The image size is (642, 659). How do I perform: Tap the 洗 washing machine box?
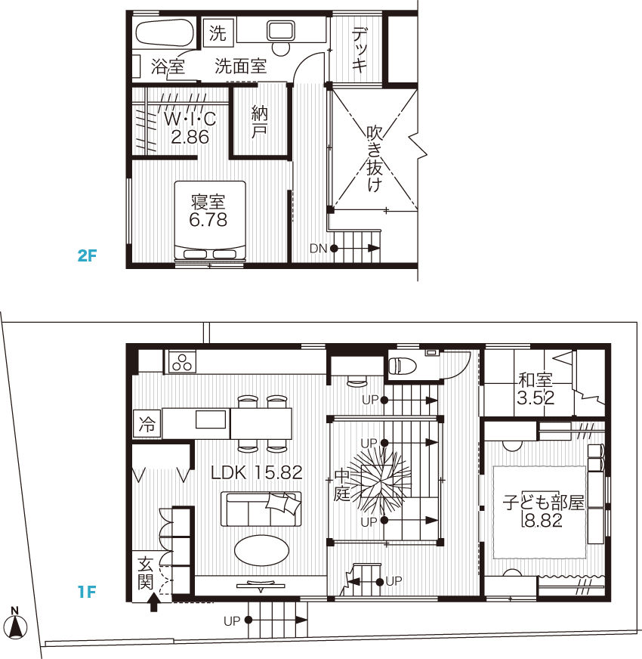tap(218, 32)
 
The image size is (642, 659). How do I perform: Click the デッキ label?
tap(360, 50)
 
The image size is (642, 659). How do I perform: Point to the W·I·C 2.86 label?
tap(190, 128)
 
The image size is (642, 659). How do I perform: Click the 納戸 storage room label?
tap(259, 122)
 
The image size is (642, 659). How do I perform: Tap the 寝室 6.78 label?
tap(208, 211)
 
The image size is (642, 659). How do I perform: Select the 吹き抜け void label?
tap(375, 159)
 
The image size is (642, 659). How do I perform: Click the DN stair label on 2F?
tap(318, 249)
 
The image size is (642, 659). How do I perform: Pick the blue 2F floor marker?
tap(88, 255)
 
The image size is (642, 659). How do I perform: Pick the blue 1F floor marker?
tap(87, 592)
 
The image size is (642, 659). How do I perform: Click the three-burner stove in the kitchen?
tap(182, 362)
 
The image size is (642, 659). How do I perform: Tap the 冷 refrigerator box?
tap(147, 424)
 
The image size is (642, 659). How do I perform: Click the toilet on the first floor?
tap(402, 366)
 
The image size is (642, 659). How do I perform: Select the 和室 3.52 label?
tap(536, 388)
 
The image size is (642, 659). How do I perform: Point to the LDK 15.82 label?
tap(256, 473)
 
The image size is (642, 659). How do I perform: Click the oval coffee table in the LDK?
tap(262, 551)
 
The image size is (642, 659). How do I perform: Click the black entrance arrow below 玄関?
tap(154, 602)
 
